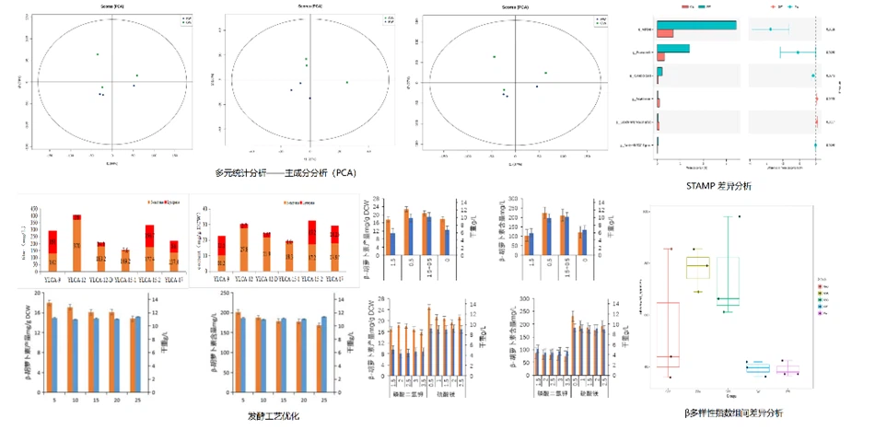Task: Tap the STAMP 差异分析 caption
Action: click(720, 186)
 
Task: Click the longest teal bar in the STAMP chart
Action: click(697, 25)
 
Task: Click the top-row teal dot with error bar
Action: click(770, 29)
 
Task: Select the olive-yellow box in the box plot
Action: click(698, 267)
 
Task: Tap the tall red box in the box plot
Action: click(668, 327)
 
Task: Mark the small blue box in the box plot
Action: click(757, 368)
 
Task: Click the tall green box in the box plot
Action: click(729, 281)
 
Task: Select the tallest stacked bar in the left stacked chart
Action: click(77, 236)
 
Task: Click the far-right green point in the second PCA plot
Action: click(347, 83)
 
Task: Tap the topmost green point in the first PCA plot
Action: click(98, 54)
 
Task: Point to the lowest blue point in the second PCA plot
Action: click(310, 98)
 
